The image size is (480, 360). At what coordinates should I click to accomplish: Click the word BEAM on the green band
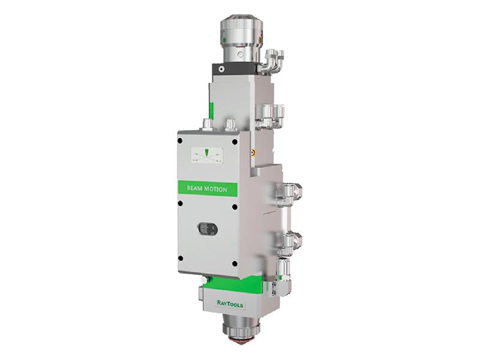pos(194,188)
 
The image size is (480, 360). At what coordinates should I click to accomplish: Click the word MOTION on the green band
pos(216,189)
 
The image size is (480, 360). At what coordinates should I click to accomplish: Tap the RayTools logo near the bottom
pos(230,304)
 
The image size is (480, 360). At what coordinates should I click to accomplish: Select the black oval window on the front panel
pos(208,229)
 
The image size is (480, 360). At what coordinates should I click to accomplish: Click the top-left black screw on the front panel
pos(180,141)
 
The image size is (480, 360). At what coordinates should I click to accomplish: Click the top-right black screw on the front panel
pos(235,142)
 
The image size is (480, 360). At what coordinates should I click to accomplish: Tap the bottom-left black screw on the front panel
pos(181,259)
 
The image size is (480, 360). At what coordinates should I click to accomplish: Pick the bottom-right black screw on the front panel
pos(235,263)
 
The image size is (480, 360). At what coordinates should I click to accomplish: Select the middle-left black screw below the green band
pos(181,203)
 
